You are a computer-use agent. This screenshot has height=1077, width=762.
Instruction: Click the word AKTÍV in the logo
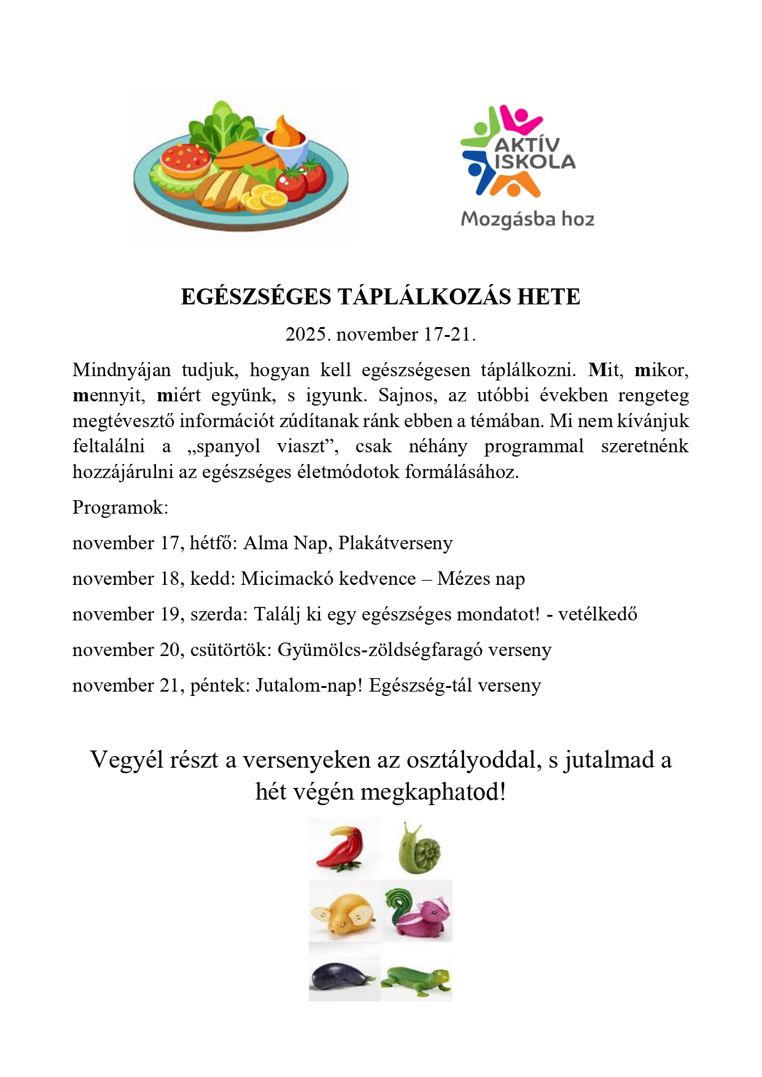point(527,145)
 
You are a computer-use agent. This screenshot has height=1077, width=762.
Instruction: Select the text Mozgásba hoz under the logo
point(527,219)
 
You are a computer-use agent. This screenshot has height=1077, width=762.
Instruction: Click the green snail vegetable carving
point(419,848)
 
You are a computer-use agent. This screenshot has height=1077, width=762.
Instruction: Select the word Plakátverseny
point(395,543)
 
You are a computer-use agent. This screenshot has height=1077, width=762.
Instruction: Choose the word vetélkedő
point(597,614)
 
